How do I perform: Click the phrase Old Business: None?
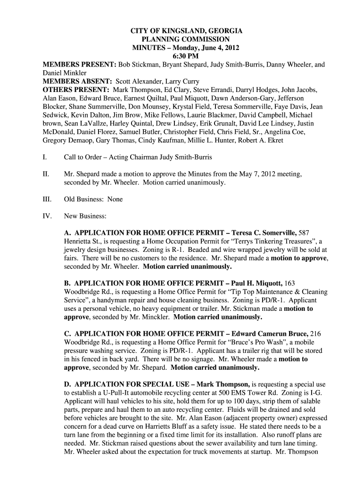(x=93, y=199)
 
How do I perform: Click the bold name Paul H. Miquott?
(x=255, y=283)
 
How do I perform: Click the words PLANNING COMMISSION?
(x=186, y=40)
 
